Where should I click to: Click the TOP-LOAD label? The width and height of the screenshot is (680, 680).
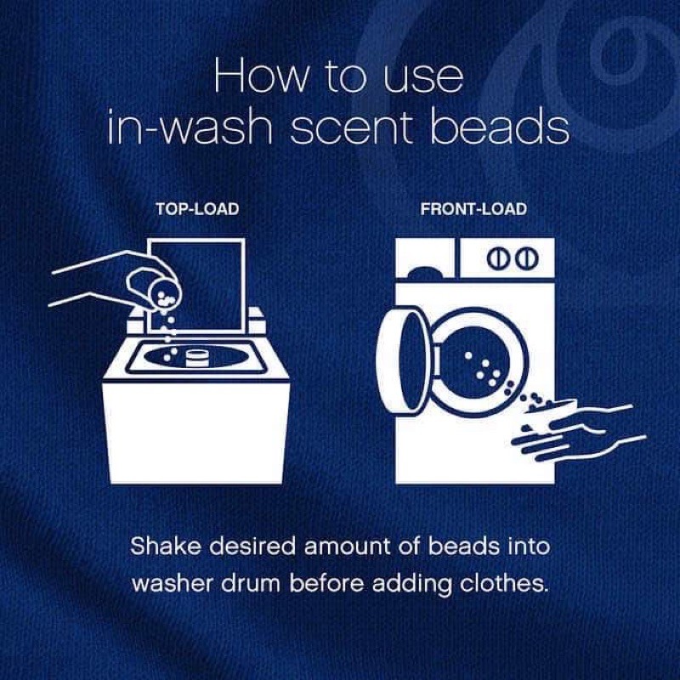[197, 209]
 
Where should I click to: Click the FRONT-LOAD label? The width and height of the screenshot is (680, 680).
[473, 209]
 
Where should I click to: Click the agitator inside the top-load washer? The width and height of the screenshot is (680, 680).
[198, 359]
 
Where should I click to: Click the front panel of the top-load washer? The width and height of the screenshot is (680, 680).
[196, 432]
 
